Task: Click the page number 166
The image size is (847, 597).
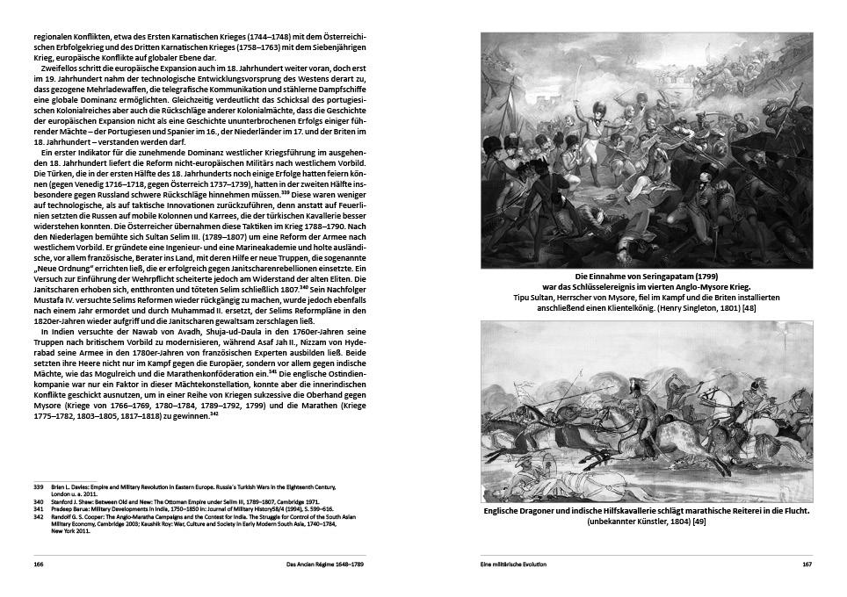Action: click(39, 564)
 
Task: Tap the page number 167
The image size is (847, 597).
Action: click(806, 564)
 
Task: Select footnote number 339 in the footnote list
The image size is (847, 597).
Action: click(39, 486)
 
